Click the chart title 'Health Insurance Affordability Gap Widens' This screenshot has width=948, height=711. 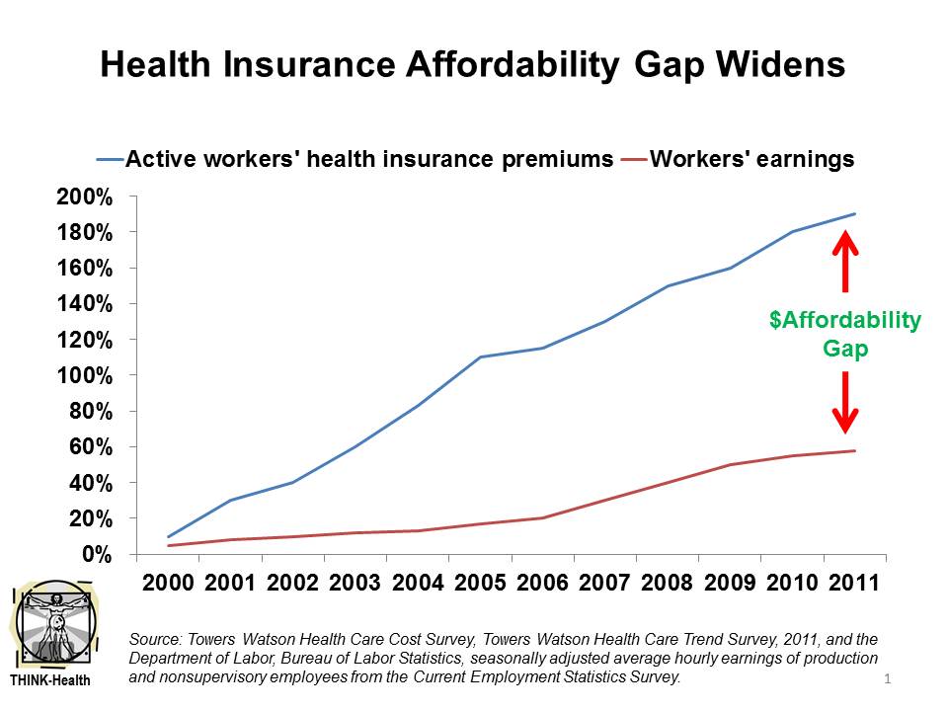point(473,65)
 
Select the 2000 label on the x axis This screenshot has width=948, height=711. point(170,582)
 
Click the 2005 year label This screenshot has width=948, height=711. point(481,582)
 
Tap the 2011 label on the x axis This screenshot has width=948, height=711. point(854,582)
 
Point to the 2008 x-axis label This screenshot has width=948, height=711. point(668,582)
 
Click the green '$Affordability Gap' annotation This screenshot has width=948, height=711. point(844,335)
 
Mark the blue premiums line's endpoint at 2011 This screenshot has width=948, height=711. point(855,214)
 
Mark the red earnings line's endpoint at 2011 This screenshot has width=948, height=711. point(855,451)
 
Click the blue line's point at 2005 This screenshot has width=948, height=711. point(480,356)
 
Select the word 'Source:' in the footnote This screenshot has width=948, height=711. point(153,641)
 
